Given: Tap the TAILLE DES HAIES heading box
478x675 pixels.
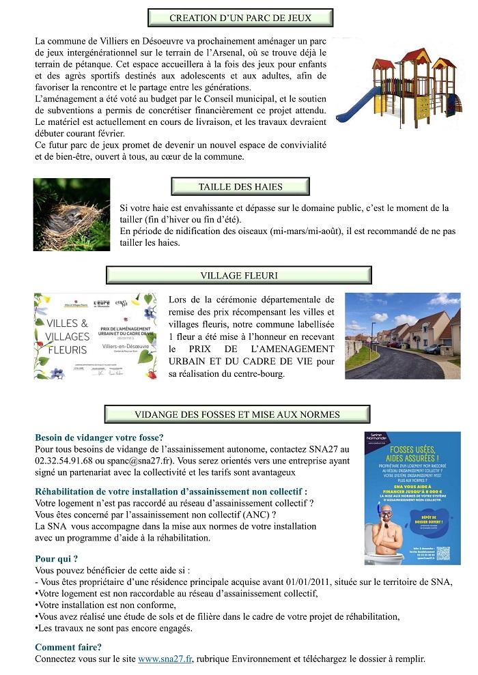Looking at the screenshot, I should coord(240,186).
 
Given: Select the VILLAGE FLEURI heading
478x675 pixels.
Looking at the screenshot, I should coord(239,275).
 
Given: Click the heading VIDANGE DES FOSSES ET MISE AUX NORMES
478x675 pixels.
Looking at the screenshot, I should coord(237,414).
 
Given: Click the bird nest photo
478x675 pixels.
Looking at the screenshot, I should coord(72,214).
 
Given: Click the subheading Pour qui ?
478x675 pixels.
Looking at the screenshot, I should coord(56,558).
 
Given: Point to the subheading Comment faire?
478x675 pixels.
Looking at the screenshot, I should coord(68,647).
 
